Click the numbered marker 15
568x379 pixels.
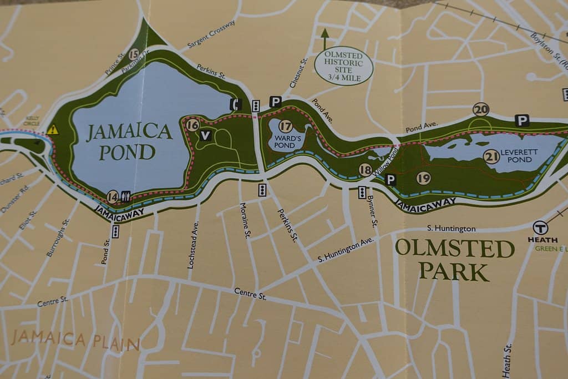tap(133, 54)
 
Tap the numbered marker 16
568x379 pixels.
tap(192, 125)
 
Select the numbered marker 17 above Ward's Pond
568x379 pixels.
tap(286, 127)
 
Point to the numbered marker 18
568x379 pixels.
tap(365, 170)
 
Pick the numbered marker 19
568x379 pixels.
tap(423, 178)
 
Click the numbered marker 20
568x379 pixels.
tap(481, 109)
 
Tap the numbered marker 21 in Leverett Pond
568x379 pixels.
tap(491, 157)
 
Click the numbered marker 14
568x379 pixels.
tap(113, 196)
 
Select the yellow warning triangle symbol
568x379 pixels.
tap(53, 130)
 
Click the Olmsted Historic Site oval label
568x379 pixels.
tap(343, 66)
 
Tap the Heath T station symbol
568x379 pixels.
tap(540, 228)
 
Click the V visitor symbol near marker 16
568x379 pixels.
tap(206, 135)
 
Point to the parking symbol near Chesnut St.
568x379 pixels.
tap(275, 102)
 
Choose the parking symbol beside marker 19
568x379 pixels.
tap(390, 179)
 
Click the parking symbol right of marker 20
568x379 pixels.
tap(521, 120)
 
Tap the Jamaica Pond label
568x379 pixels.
tap(129, 142)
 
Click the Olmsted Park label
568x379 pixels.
tap(454, 259)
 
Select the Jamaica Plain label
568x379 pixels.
tap(75, 340)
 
